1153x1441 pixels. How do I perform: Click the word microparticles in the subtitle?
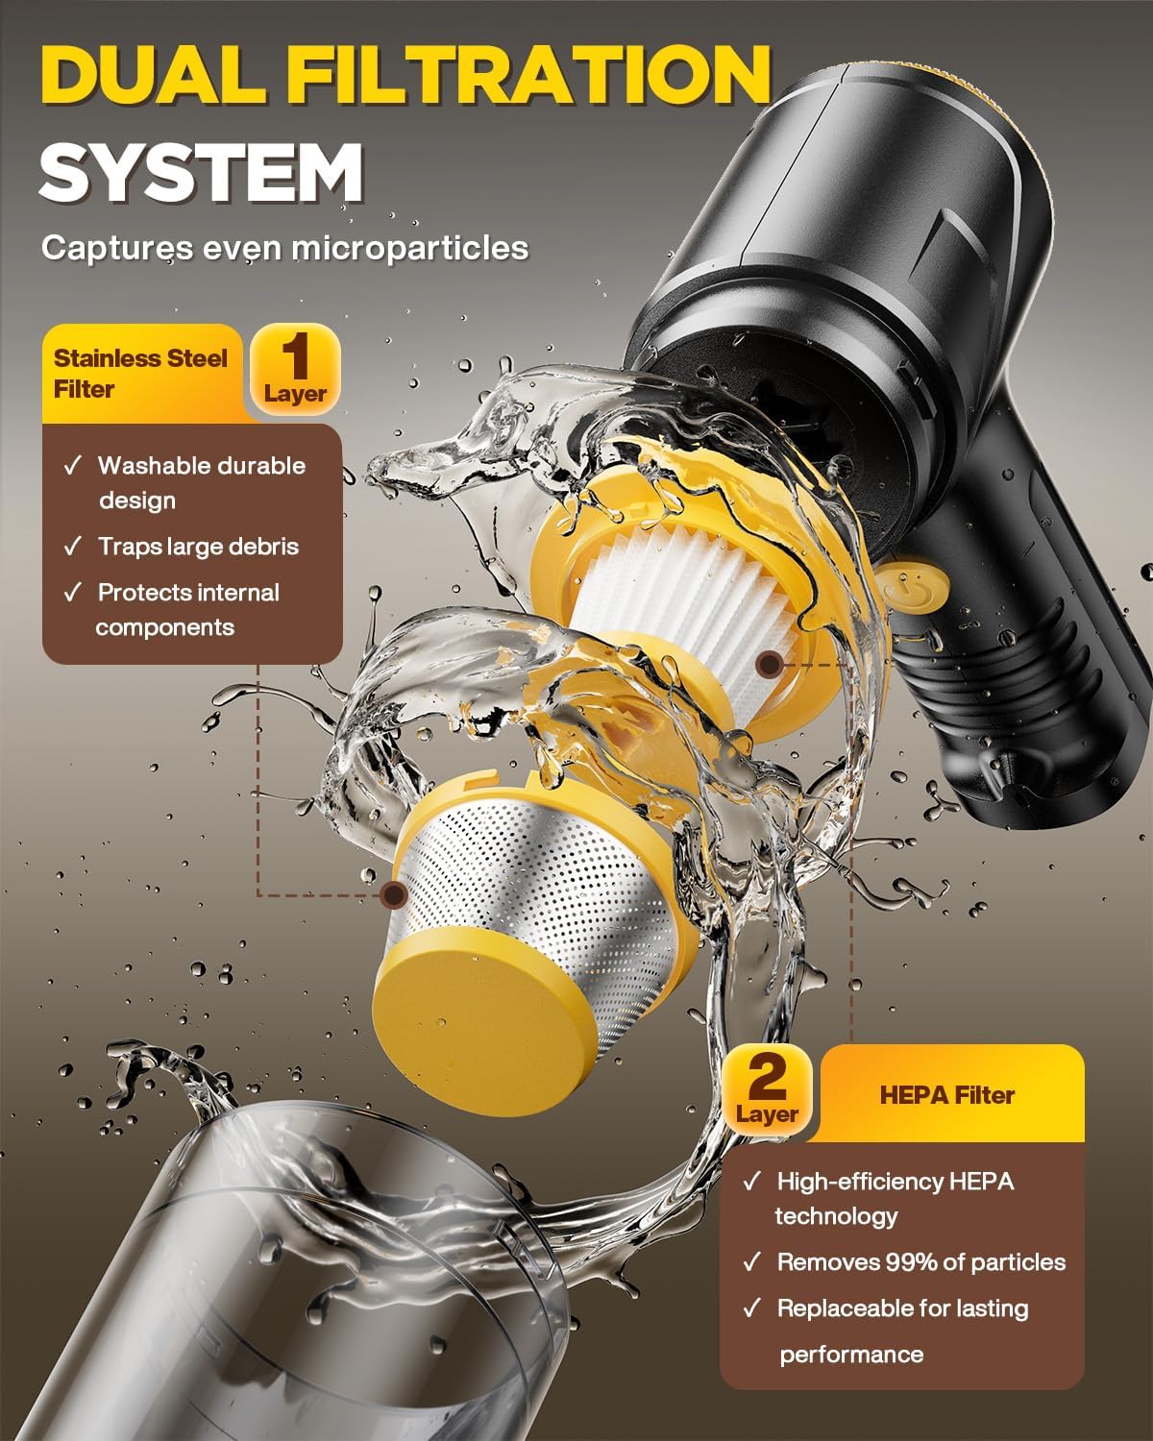[410, 249]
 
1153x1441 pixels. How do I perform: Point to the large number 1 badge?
[295, 369]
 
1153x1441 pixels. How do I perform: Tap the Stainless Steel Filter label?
[140, 373]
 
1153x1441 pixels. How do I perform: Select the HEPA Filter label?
[946, 1095]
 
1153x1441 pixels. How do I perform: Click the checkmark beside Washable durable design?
[72, 465]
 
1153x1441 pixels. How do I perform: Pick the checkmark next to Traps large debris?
[72, 547]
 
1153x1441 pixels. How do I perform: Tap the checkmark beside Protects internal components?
[72, 592]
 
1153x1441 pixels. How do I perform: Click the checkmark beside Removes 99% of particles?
[751, 1262]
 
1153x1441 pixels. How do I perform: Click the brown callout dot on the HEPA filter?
[771, 664]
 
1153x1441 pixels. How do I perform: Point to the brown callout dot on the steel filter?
[394, 894]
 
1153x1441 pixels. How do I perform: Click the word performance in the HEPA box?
[851, 1355]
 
